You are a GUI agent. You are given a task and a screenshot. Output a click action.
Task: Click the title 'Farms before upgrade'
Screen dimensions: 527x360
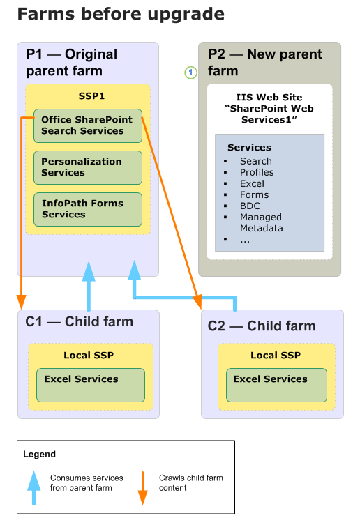point(120,14)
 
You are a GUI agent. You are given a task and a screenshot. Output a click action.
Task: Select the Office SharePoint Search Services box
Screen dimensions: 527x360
point(87,125)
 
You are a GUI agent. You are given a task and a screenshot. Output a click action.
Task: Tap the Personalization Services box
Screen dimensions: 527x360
point(87,167)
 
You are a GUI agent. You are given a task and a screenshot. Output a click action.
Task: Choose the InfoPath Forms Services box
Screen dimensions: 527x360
point(87,209)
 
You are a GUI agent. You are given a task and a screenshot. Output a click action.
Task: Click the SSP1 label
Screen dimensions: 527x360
point(88,95)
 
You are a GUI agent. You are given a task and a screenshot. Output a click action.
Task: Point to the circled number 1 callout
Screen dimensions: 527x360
point(189,72)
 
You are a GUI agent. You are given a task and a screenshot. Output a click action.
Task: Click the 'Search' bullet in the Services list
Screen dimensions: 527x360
point(255,161)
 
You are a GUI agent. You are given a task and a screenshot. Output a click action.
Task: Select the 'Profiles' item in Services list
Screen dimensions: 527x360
point(257,172)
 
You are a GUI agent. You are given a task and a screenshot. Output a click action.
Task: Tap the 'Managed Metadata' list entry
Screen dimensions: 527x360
point(261,222)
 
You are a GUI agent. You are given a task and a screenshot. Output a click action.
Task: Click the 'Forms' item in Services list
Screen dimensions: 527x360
point(254,194)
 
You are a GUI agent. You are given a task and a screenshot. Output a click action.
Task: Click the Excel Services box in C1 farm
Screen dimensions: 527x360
point(90,385)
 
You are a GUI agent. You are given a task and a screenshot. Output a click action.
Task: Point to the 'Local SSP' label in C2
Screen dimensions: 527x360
point(275,356)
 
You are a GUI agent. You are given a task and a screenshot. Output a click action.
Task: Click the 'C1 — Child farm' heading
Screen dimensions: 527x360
point(80,321)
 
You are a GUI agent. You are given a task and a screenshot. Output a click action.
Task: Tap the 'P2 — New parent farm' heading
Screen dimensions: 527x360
point(265,62)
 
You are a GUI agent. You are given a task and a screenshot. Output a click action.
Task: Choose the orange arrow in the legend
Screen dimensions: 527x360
point(142,488)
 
